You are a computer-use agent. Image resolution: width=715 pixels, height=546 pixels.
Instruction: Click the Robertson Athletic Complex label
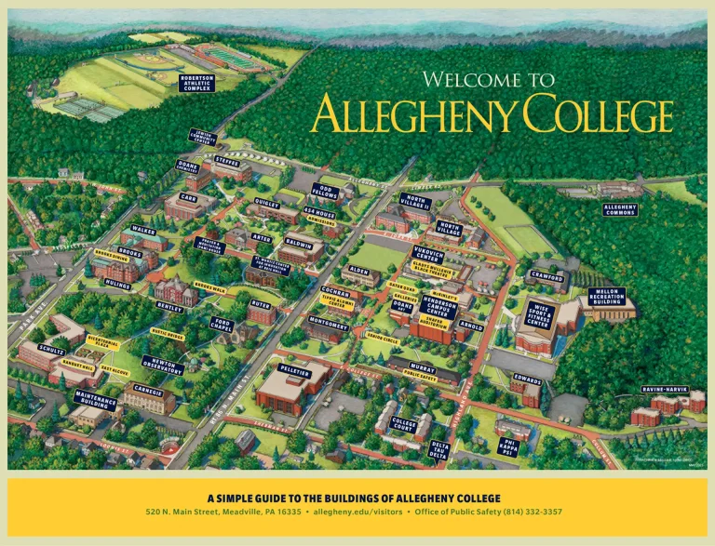pyautogui.click(x=196, y=83)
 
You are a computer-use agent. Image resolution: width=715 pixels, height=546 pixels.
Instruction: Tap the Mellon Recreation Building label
pyautogui.click(x=606, y=296)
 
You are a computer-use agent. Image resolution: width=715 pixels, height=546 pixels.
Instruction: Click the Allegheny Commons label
pyautogui.click(x=619, y=209)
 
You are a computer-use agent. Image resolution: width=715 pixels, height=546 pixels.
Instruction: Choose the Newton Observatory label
pyautogui.click(x=161, y=365)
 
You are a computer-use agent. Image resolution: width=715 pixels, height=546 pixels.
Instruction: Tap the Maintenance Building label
pyautogui.click(x=96, y=400)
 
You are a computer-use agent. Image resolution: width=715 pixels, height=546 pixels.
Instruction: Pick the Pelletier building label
pyautogui.click(x=295, y=370)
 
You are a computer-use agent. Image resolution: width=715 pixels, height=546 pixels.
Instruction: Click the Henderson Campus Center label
pyautogui.click(x=438, y=307)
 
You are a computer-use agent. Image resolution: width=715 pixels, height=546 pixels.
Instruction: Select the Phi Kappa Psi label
pyautogui.click(x=509, y=446)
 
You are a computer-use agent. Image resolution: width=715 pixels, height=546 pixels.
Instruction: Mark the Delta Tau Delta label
pyautogui.click(x=439, y=451)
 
